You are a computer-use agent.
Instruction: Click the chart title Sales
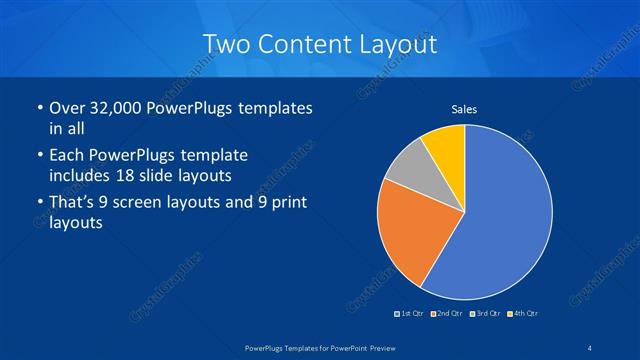(x=464, y=108)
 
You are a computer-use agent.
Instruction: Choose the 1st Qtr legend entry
(x=409, y=314)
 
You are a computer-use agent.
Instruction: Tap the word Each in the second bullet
(x=67, y=155)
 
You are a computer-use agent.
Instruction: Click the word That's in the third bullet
(x=73, y=203)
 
